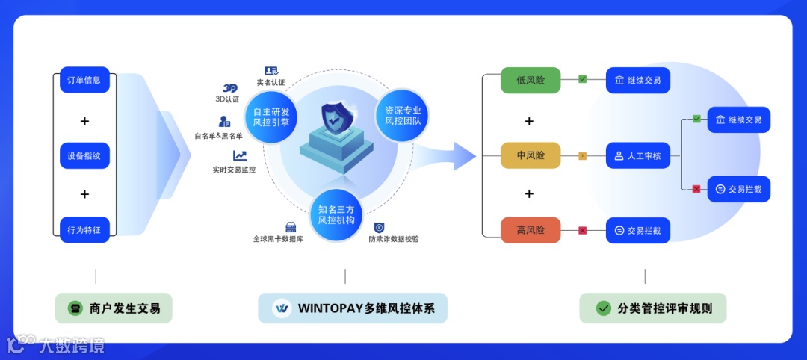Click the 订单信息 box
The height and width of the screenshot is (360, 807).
click(x=84, y=80)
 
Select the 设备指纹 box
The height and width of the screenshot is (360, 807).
click(x=84, y=156)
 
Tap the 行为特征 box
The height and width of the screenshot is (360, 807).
click(x=84, y=230)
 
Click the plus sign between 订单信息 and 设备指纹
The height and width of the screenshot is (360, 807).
click(x=84, y=121)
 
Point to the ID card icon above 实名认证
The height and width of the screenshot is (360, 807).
click(x=271, y=71)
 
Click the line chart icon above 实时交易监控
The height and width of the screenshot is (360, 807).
click(x=240, y=156)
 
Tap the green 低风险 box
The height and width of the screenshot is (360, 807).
click(x=531, y=80)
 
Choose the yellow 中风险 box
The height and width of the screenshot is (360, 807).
click(x=531, y=156)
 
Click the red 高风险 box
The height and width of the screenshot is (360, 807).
click(x=531, y=230)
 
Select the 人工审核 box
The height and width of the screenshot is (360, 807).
click(x=637, y=156)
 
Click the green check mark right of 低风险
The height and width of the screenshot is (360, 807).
click(x=583, y=79)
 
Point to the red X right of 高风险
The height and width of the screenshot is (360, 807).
click(x=583, y=230)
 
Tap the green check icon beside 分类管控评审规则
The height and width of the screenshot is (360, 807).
click(x=603, y=308)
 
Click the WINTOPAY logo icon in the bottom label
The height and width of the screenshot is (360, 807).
click(x=282, y=308)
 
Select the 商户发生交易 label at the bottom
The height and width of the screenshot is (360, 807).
click(x=114, y=308)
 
